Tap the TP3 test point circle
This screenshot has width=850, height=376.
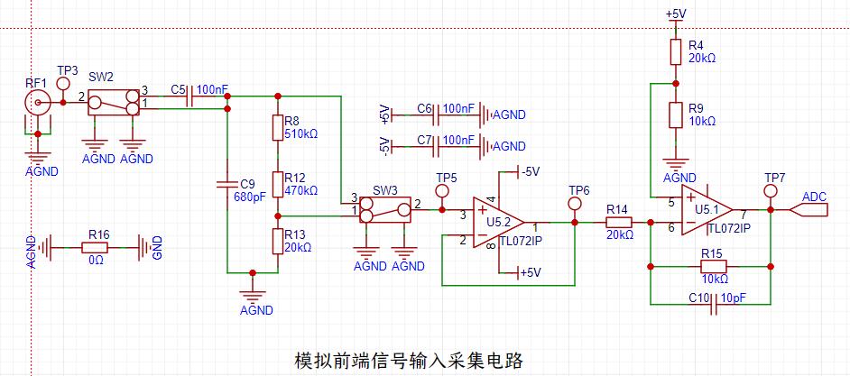coord(63,84)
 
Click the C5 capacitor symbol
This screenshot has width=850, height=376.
coord(189,102)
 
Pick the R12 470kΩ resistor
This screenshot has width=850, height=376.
coord(278,183)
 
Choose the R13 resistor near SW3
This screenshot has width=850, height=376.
coord(278,241)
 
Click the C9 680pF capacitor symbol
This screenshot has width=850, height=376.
coord(227,186)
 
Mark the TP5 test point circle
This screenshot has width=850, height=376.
coord(442,192)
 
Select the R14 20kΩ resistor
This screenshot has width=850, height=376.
coord(618,222)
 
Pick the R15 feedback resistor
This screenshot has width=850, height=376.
coord(713,266)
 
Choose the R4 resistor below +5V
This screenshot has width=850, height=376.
coord(673,52)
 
